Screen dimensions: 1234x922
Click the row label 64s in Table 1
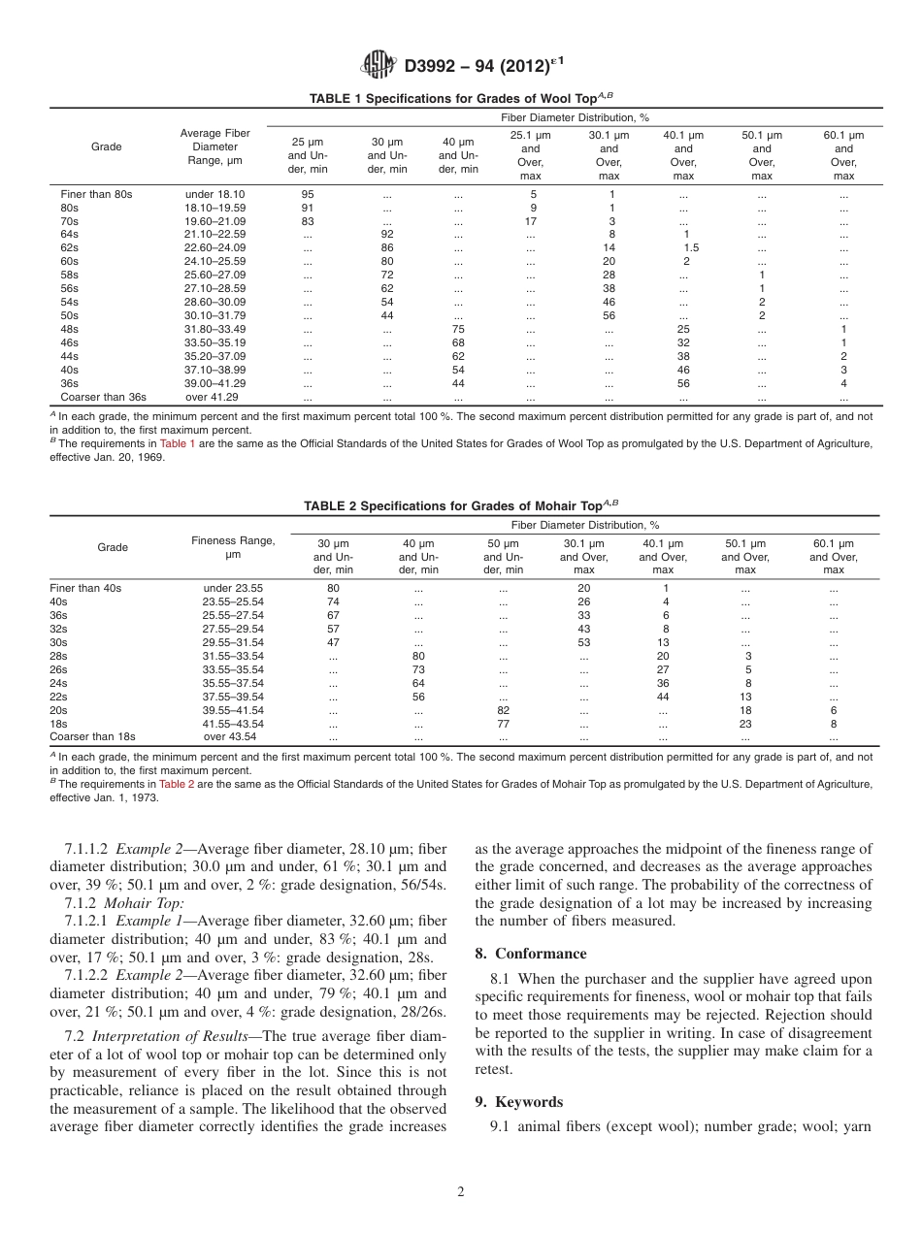pyautogui.click(x=70, y=234)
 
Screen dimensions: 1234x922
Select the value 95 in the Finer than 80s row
pyautogui.click(x=308, y=194)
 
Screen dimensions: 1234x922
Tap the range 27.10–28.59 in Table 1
pyautogui.click(x=215, y=288)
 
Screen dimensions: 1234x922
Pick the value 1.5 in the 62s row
pyautogui.click(x=690, y=247)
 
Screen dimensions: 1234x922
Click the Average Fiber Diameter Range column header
pyautogui.click(x=215, y=146)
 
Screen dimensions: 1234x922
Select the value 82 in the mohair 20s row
pyautogui.click(x=503, y=710)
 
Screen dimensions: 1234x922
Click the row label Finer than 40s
pyautogui.click(x=85, y=588)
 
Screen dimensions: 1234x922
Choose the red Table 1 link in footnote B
pyautogui.click(x=178, y=443)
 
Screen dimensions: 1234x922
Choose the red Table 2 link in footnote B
pyautogui.click(x=179, y=784)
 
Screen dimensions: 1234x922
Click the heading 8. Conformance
pyautogui.click(x=531, y=954)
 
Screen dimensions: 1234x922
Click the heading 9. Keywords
pyautogui.click(x=519, y=1102)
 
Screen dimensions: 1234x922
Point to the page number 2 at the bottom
pyautogui.click(x=461, y=1192)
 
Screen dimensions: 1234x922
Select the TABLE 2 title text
pyautogui.click(x=460, y=505)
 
